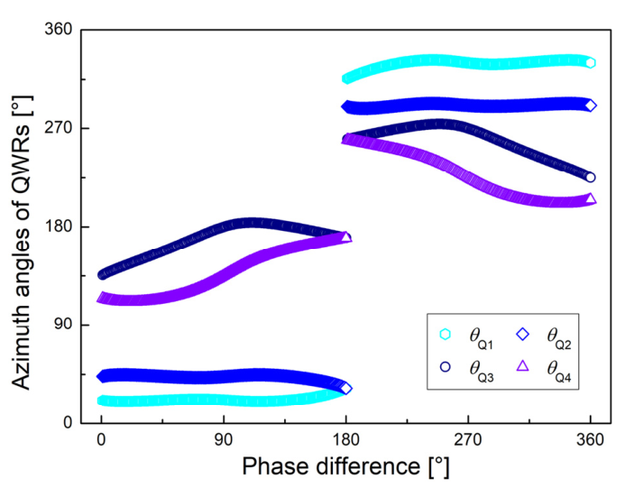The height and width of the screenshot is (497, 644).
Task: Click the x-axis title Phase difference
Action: (345, 467)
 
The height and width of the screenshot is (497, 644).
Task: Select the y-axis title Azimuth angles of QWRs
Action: (26, 226)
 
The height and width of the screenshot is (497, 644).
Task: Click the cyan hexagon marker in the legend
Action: (446, 335)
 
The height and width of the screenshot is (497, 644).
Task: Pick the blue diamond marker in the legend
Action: (524, 335)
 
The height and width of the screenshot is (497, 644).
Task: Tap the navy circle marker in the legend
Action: (446, 368)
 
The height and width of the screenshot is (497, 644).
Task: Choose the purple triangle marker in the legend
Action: (524, 368)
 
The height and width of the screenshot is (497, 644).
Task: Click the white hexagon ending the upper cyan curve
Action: (591, 62)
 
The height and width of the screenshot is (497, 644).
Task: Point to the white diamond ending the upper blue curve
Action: (591, 106)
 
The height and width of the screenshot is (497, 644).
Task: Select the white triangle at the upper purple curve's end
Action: (591, 198)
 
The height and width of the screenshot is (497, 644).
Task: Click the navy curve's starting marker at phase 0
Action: (102, 274)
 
